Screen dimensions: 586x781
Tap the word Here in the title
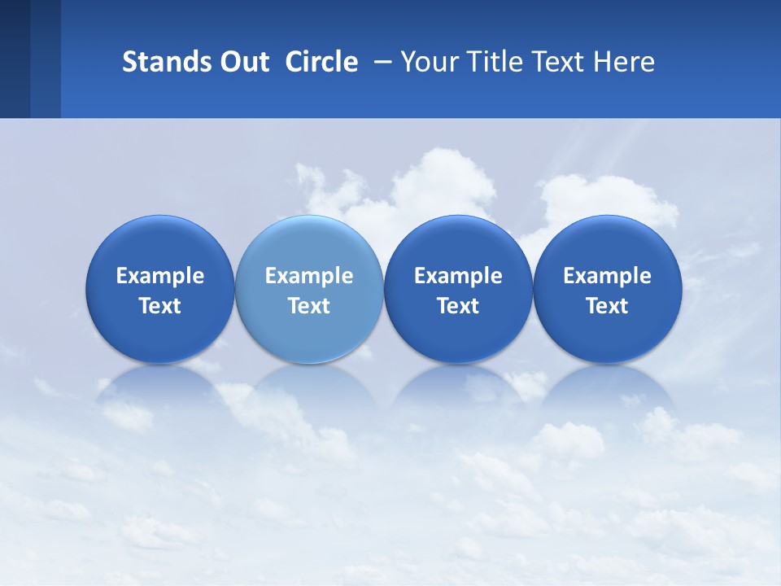(x=626, y=62)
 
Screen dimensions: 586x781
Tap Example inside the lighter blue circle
(x=309, y=276)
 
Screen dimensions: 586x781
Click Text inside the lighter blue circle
(x=309, y=306)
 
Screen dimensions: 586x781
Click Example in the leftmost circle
(x=159, y=276)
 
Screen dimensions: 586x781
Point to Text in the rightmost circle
(x=607, y=306)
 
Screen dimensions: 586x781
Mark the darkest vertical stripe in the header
(x=15, y=59)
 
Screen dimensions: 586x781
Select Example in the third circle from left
(x=458, y=276)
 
